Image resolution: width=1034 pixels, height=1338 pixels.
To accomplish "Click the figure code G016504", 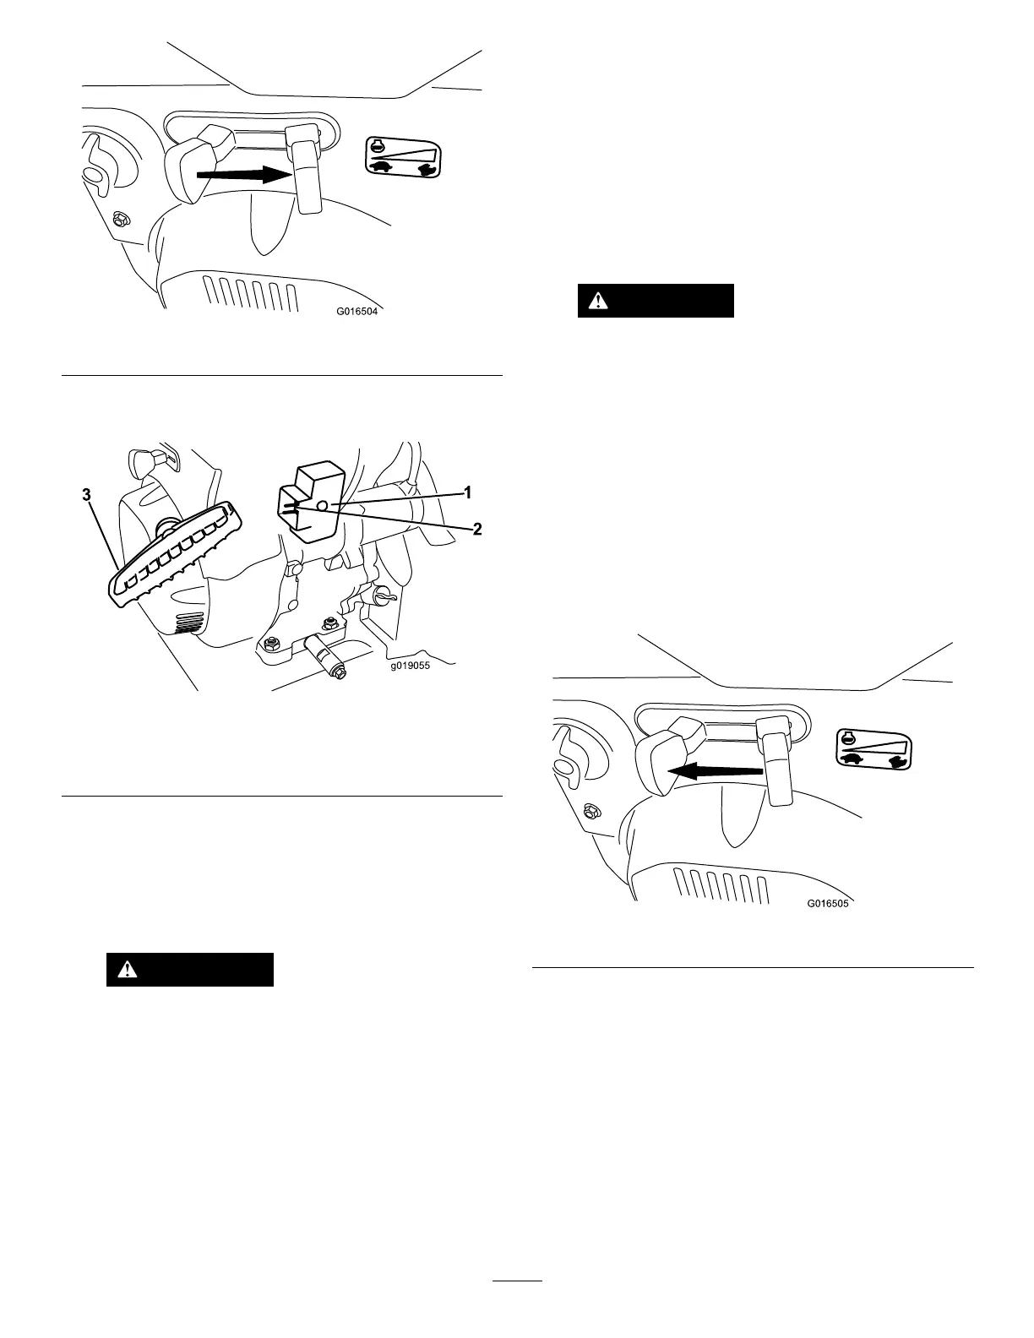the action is click(356, 311).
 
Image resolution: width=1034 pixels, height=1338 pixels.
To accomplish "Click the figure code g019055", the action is click(410, 666).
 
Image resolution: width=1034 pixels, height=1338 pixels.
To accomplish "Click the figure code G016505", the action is click(827, 903).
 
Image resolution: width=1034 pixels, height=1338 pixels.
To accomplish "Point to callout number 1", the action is click(465, 491).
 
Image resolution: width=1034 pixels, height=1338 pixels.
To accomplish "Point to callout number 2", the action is click(477, 530).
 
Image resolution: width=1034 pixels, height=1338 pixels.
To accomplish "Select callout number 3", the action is click(87, 497).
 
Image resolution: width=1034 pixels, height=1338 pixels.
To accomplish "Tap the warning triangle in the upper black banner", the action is click(598, 300).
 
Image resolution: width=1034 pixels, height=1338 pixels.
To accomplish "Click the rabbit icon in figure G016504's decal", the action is click(429, 168).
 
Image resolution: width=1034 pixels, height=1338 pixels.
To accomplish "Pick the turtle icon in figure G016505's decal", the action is click(852, 759).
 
